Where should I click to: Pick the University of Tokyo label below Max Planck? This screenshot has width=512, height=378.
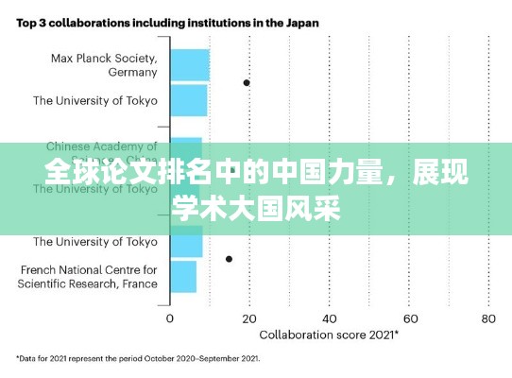click(95, 100)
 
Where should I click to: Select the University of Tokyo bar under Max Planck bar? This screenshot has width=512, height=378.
click(189, 100)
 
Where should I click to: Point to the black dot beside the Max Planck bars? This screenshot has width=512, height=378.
click(247, 83)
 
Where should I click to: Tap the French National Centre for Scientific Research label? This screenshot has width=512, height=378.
click(89, 276)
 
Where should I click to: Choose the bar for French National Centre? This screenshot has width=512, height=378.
click(184, 276)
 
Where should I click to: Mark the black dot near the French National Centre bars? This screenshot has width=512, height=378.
click(229, 258)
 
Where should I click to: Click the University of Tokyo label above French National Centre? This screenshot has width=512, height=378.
click(95, 241)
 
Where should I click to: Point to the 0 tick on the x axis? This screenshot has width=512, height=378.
click(170, 318)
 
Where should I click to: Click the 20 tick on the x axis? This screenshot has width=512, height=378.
click(249, 318)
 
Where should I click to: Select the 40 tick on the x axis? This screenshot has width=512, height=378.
click(329, 318)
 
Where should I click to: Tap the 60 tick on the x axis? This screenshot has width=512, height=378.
click(409, 318)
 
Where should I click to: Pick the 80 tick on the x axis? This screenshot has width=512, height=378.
click(488, 318)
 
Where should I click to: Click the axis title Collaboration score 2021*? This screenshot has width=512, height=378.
click(328, 335)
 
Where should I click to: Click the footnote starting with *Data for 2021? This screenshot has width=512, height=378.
click(137, 360)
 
